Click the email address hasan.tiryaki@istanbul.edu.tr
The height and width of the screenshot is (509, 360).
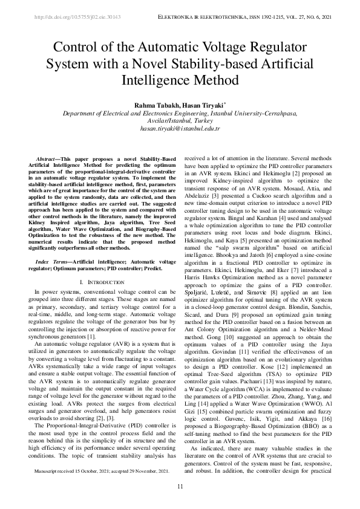[180, 129]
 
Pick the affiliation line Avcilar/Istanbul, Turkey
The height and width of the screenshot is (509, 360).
[180, 120]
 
